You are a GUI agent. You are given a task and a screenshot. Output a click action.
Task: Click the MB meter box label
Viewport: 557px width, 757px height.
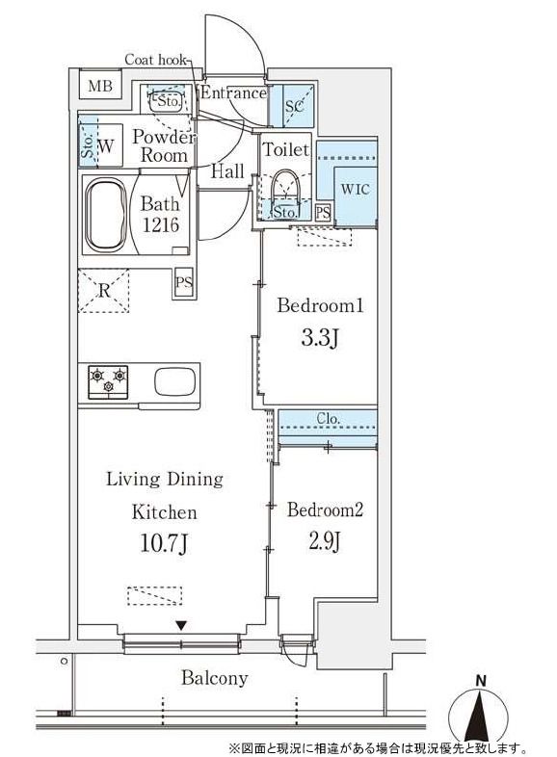click(x=100, y=86)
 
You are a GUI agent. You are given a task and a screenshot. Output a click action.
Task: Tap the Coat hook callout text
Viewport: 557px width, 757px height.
click(x=155, y=60)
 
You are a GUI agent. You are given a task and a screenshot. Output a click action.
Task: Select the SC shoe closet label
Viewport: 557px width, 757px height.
click(x=294, y=106)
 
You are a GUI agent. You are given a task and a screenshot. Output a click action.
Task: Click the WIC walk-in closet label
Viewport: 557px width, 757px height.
click(x=355, y=189)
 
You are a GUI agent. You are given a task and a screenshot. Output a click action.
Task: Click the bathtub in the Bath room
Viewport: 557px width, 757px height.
click(x=106, y=214)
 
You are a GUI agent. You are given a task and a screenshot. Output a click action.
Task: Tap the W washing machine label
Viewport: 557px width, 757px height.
click(x=106, y=145)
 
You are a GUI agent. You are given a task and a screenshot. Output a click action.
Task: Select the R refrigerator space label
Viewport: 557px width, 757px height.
click(x=104, y=291)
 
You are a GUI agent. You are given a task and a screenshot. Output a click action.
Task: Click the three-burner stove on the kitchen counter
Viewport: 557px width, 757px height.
click(x=108, y=382)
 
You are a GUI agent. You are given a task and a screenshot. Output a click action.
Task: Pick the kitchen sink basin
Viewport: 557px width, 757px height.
click(x=174, y=381)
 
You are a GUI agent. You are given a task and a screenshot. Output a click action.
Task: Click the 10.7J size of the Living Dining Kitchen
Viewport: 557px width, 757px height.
click(x=164, y=543)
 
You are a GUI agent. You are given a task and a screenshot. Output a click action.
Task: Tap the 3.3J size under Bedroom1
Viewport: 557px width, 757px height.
click(x=319, y=338)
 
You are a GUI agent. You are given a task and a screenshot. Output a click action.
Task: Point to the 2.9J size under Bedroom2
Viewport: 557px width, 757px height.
click(x=325, y=540)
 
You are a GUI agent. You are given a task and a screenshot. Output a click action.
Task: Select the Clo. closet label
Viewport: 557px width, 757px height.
click(x=329, y=419)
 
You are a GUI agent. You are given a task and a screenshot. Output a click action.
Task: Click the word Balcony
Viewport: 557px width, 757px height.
click(x=215, y=678)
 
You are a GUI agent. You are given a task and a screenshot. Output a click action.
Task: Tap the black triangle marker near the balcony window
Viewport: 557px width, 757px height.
click(x=181, y=626)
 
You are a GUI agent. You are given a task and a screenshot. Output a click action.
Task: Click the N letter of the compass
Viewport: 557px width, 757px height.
click(x=480, y=681)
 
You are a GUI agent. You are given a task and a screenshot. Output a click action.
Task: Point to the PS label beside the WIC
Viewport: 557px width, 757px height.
click(x=323, y=213)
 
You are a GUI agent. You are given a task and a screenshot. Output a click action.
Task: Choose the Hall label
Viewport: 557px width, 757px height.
click(x=227, y=170)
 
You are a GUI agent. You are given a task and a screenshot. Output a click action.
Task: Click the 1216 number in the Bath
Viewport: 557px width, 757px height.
click(x=160, y=224)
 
